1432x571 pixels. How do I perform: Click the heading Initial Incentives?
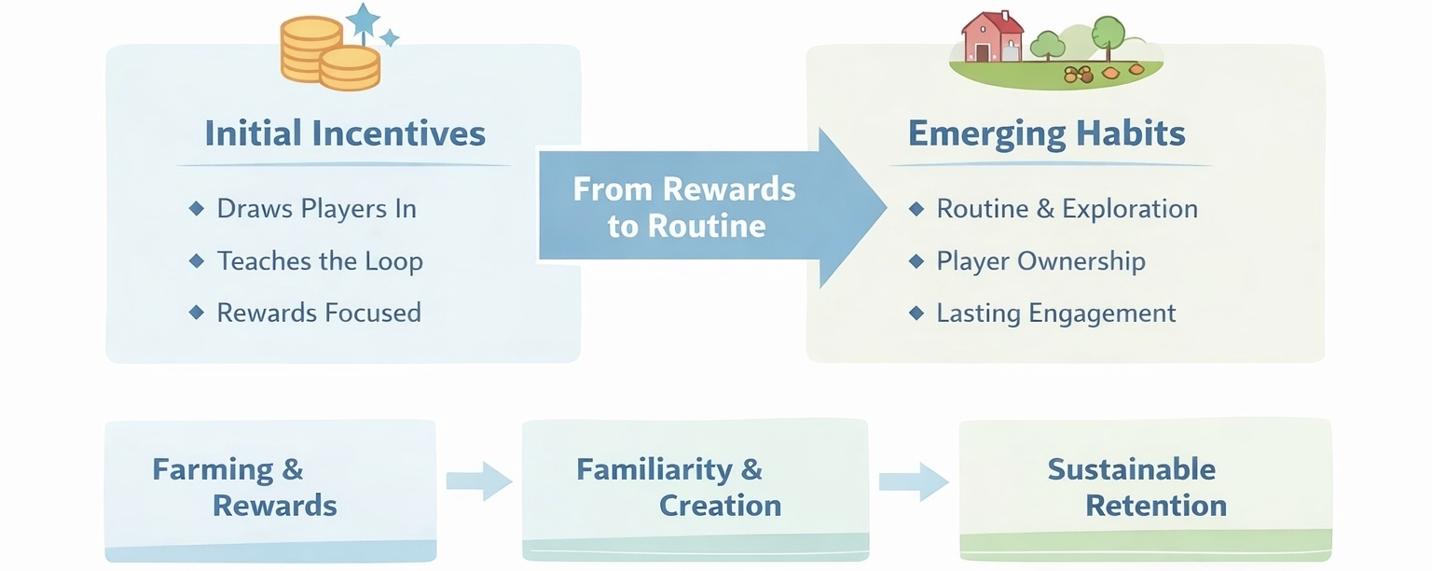[345, 132]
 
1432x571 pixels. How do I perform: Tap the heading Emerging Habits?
[1046, 132]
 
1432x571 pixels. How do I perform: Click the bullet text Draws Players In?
[316, 208]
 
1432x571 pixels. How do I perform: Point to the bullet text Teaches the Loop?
[320, 260]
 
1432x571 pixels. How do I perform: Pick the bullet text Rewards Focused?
[319, 312]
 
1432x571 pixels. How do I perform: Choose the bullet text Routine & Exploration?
[1067, 208]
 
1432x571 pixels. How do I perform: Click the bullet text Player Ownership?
[1040, 260]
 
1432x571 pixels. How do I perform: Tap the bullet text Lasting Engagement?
[1056, 313]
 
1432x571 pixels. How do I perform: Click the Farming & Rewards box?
[270, 490]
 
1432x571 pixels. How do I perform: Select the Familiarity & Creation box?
[695, 490]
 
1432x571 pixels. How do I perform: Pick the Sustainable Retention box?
[1145, 490]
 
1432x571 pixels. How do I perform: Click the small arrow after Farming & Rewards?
[479, 481]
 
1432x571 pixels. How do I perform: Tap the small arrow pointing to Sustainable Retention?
[914, 481]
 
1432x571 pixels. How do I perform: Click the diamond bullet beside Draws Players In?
[196, 208]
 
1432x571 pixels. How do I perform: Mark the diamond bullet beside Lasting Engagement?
[916, 313]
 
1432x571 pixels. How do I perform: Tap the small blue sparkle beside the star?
[390, 37]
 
